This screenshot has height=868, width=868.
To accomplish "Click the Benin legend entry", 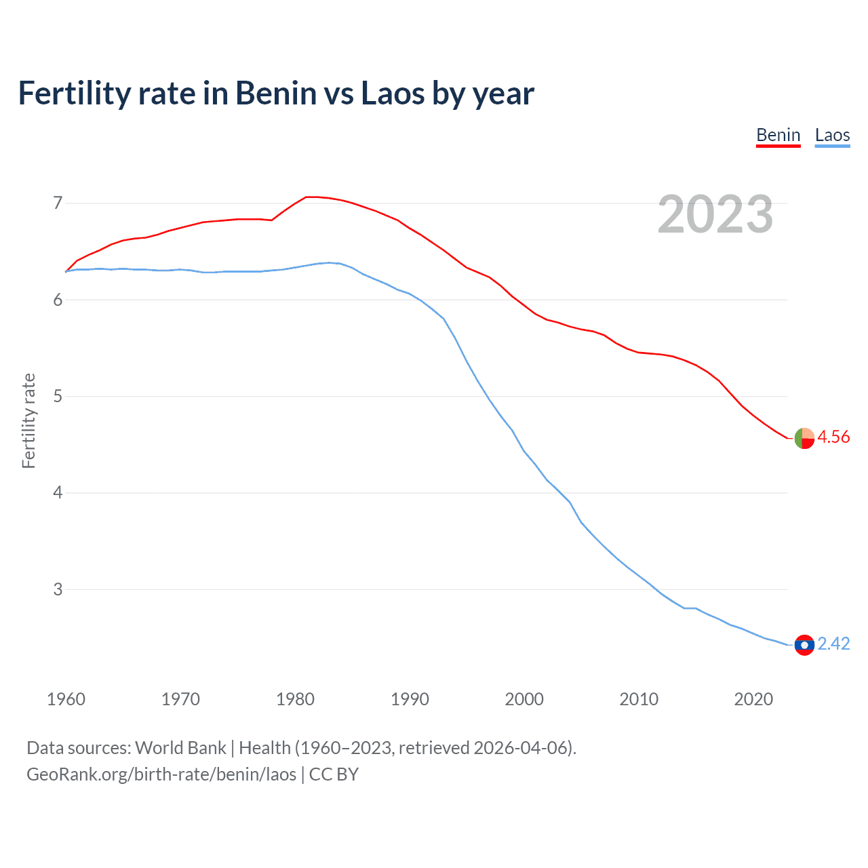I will pos(778,135).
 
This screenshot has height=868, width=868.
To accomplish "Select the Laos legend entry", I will pos(832,135).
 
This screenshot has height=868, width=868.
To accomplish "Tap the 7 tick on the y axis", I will pos(58,203).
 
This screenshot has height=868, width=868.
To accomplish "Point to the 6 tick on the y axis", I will pos(58,300).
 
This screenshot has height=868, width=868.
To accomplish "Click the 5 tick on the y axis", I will pos(58,396).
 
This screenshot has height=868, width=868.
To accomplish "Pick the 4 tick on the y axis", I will pos(58,492).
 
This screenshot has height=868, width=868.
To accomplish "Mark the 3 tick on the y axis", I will pos(58,589).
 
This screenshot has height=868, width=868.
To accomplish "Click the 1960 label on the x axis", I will pos(66,699).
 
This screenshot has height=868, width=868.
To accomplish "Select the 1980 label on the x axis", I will pos(295,699).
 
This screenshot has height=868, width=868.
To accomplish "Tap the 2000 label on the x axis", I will pos(524,699).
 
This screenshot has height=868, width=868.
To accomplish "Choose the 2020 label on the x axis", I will pos(753,699).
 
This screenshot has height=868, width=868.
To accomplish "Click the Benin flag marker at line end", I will pos(804,439).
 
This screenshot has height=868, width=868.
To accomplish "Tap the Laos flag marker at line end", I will pos(804,645).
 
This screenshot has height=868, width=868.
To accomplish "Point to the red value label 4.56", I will pos(833,437).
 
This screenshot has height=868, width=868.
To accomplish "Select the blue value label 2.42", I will pos(833,644).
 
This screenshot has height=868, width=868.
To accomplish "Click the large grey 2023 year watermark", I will pos(715,214).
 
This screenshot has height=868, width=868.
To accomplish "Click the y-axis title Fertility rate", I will pos(28,420).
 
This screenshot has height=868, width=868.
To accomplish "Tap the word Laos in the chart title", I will pos(392,94).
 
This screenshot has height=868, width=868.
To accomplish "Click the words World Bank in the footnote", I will pos(180,748).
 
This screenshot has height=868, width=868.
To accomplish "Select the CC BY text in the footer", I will pos(334,774).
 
